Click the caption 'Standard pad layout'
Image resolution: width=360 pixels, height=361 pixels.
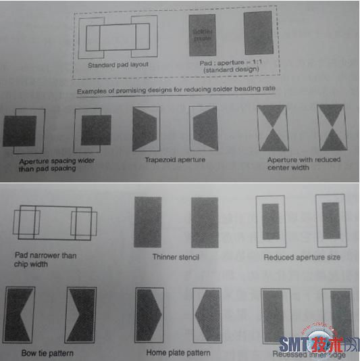click(x=118, y=65)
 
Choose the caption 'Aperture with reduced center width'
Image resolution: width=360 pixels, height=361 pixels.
click(x=303, y=164)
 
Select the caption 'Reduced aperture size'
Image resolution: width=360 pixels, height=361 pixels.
click(x=301, y=258)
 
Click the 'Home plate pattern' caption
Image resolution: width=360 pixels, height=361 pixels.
click(x=178, y=353)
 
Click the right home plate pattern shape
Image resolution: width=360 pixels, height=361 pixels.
click(x=207, y=315)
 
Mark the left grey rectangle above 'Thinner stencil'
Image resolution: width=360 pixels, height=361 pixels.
click(x=148, y=221)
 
